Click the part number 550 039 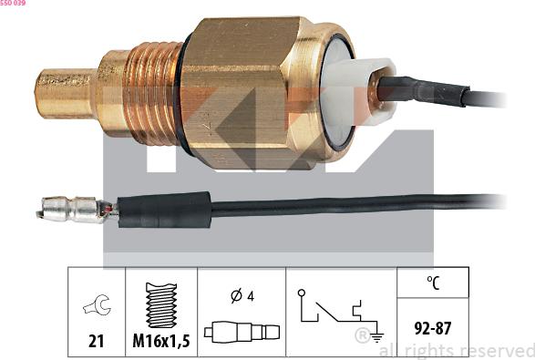[x=13, y=3]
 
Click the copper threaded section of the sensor [x=152, y=93]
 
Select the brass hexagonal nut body [x=239, y=93]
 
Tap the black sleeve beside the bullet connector [x=164, y=210]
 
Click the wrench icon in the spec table [x=98, y=304]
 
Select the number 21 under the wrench [x=96, y=341]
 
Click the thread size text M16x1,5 [x=161, y=341]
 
